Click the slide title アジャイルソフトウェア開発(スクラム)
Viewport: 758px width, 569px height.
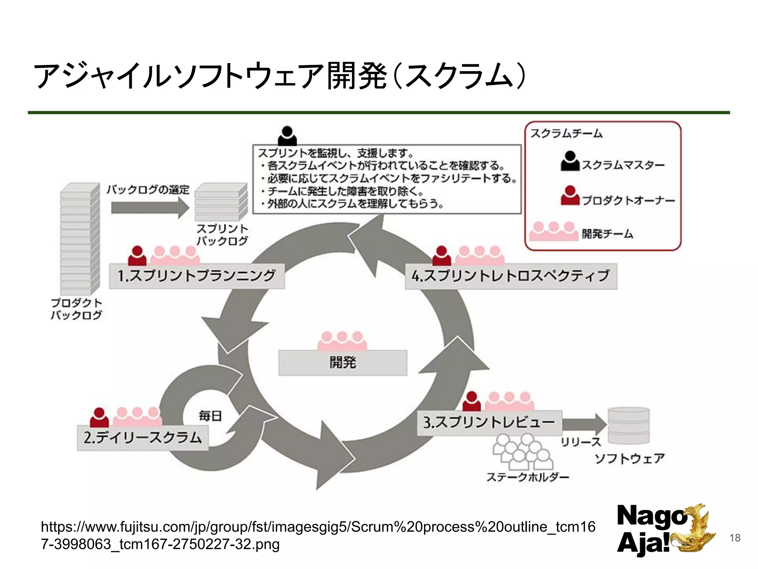pos(279,76)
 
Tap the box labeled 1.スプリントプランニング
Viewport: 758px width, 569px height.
pos(197,276)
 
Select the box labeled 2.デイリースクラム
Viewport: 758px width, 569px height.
pos(142,438)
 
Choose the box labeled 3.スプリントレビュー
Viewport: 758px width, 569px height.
pos(489,423)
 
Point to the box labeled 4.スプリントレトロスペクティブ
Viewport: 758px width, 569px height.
pos(511,276)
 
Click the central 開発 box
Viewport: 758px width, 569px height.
pos(343,363)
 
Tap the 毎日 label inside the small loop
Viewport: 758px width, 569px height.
pos(210,416)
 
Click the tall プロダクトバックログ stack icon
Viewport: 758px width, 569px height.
pos(80,239)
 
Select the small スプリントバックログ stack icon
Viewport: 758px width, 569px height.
pos(221,202)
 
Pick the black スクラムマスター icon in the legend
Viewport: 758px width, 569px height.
pos(570,162)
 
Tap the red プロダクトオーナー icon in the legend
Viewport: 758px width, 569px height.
pos(570,196)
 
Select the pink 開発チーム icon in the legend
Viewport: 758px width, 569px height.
pos(554,232)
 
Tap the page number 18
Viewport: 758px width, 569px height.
pos(735,538)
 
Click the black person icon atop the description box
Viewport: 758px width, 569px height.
pos(287,136)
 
